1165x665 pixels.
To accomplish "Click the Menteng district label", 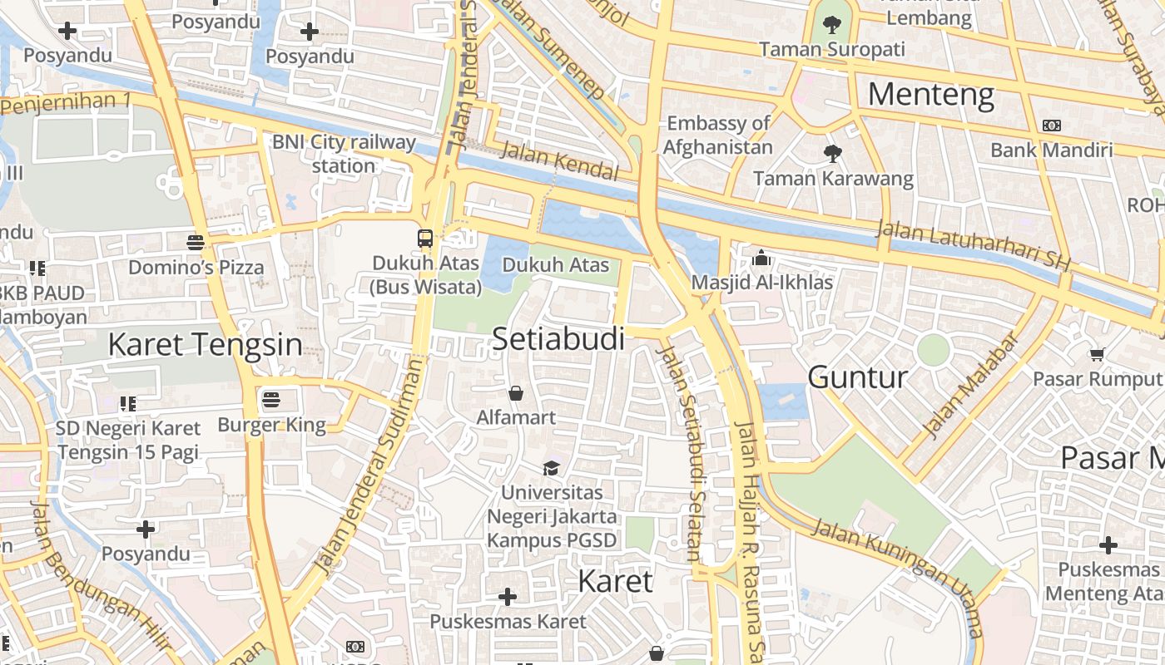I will point(930,95).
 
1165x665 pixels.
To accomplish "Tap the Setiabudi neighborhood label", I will point(558,338).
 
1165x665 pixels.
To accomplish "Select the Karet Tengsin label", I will point(205,344).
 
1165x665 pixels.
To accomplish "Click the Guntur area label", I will point(857,377).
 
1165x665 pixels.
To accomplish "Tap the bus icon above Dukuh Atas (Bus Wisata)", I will point(425,238).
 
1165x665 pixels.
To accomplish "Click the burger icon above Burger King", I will point(270,400).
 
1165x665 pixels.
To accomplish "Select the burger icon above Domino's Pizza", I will point(196,243).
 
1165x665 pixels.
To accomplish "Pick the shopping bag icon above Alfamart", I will point(516,392).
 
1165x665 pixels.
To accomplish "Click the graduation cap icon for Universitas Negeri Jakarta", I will point(551,468).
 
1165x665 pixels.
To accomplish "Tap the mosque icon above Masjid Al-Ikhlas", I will point(761,259).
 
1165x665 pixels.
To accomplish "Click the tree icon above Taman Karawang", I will point(832,153).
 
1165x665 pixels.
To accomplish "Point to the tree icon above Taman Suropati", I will point(831,25).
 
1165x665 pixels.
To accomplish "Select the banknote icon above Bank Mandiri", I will point(1051,126).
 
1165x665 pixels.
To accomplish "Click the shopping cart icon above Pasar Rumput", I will point(1098,354).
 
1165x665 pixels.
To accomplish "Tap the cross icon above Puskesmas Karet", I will point(507,596).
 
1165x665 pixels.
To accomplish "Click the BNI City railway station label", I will point(344,154).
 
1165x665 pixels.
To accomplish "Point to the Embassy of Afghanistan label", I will point(718,135).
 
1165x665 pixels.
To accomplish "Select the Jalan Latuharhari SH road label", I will point(973,244).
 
